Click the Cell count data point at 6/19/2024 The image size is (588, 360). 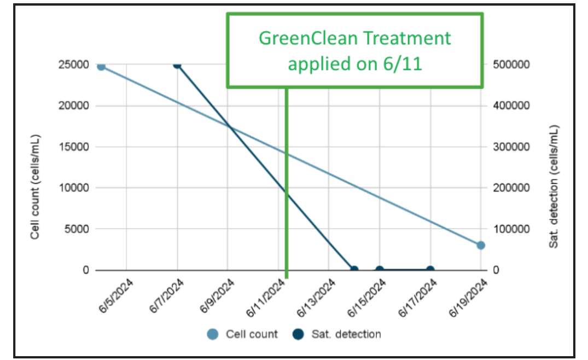(x=481, y=245)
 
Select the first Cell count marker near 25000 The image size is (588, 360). (x=101, y=67)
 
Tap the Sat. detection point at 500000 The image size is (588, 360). (x=177, y=65)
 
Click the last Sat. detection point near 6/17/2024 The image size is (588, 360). (x=430, y=270)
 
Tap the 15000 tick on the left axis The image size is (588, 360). (x=74, y=147)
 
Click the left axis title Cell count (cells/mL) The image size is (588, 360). (x=35, y=186)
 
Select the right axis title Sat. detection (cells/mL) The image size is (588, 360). (x=554, y=186)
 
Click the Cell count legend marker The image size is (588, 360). (x=213, y=334)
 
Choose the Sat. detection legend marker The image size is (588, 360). (x=298, y=334)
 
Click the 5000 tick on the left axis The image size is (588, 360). (x=77, y=229)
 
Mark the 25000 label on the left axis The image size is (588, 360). (x=74, y=65)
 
